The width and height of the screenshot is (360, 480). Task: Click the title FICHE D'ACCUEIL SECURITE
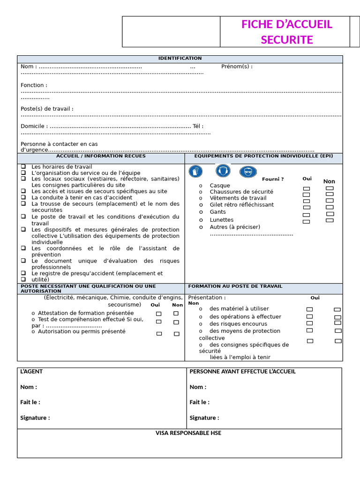(286, 32)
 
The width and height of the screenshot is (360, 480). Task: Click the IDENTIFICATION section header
(180, 59)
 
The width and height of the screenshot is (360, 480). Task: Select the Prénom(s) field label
(237, 67)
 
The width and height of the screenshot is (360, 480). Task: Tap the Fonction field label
(34, 85)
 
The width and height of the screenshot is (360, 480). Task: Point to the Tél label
(198, 126)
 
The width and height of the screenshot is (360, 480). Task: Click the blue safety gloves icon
(195, 172)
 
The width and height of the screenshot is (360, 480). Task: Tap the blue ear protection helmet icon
(223, 171)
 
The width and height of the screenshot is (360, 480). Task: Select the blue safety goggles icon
(248, 172)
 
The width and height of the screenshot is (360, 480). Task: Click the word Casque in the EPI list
(220, 186)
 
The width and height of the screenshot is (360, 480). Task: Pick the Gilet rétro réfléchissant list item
(241, 205)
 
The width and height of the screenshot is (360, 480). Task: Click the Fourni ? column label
(273, 179)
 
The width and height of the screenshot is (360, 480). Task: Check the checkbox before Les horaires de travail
(23, 166)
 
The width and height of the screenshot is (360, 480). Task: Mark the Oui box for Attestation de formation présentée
(158, 314)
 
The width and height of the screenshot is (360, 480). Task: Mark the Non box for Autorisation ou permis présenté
(177, 334)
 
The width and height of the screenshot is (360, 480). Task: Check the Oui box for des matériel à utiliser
(309, 309)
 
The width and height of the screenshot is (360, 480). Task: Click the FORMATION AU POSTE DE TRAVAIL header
(235, 286)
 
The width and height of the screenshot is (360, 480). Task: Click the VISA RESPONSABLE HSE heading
(188, 433)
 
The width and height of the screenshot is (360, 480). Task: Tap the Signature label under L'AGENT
(35, 418)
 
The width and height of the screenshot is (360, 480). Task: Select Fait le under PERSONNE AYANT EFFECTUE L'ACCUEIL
(199, 402)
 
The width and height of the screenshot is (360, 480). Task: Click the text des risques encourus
(238, 324)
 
